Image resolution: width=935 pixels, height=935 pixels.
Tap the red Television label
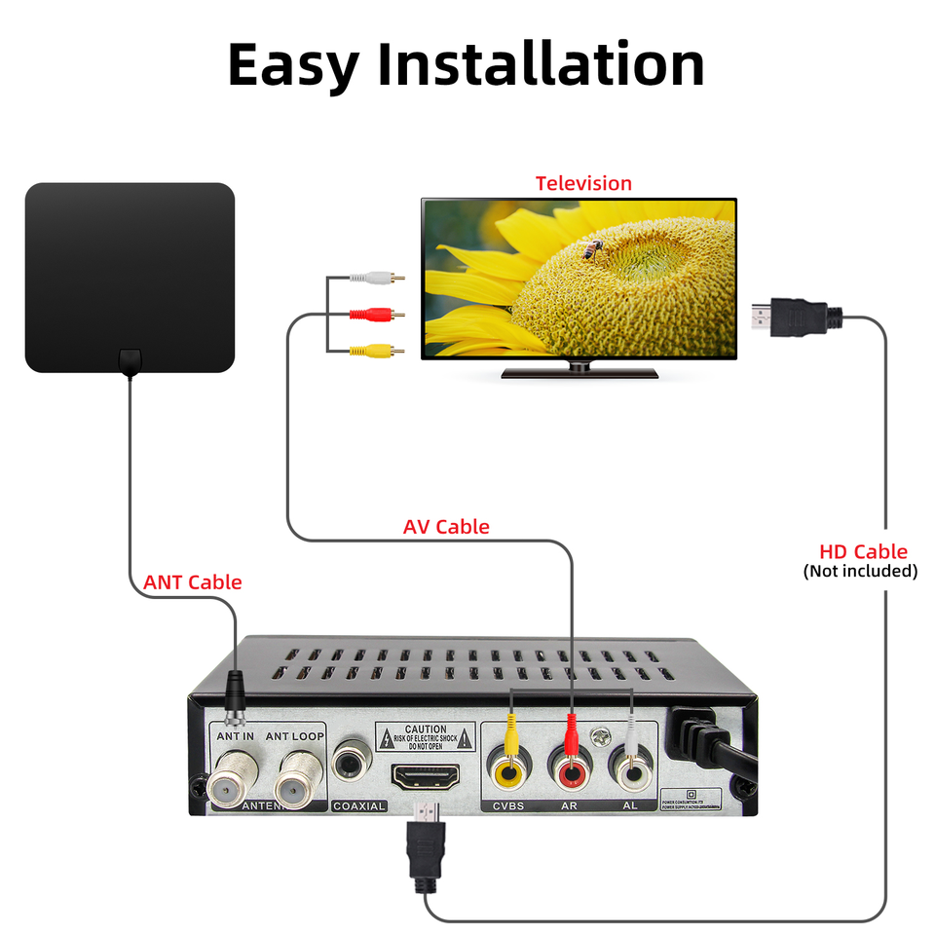coord(583,183)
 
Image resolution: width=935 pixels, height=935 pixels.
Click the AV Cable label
coord(446,527)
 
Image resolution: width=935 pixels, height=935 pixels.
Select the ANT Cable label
coord(192,582)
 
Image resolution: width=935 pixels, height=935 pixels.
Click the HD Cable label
coord(863,552)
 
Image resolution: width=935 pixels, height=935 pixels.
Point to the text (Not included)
coord(860,571)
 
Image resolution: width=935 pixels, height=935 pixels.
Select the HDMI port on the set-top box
coord(427,777)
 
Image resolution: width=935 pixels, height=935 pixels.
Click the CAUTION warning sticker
coord(426,736)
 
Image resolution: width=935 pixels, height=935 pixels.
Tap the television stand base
coord(579,372)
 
